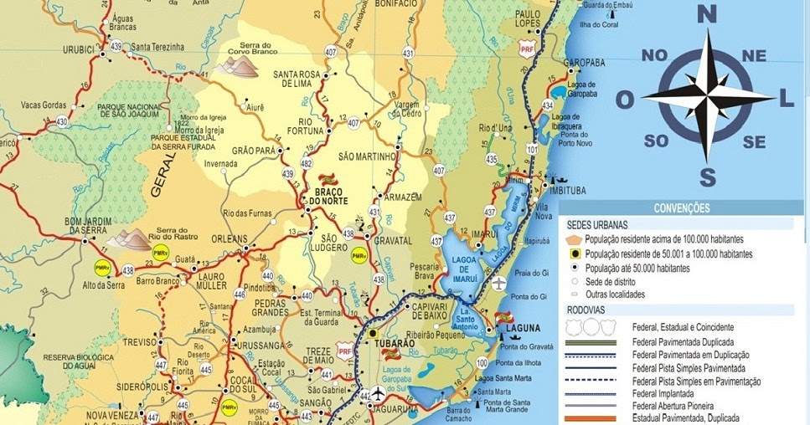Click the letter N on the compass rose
coord(708,13)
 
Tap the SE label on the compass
coord(754,142)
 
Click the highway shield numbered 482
coord(307,163)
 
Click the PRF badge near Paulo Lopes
coord(527,50)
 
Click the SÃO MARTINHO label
coord(366,156)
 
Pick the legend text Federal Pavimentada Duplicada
coord(684,342)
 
